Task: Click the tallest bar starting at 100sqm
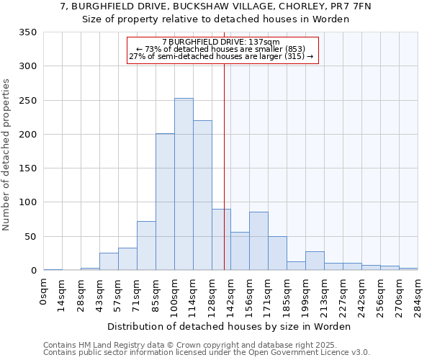point(184,184)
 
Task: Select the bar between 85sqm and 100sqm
point(165,202)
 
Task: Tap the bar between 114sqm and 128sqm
point(202,195)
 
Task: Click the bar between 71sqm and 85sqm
point(146,246)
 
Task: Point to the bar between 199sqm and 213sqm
point(315,261)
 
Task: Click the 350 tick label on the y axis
point(28,32)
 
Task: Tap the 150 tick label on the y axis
point(28,168)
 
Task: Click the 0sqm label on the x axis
point(44,294)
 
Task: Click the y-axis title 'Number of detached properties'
point(6,155)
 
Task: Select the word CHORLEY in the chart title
point(280,6)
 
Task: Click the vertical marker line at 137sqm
point(224,180)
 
